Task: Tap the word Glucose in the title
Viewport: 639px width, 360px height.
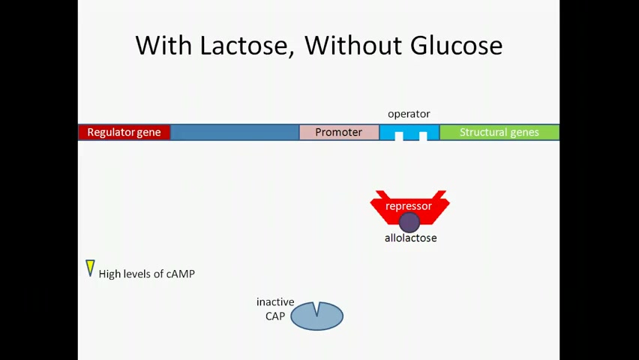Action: (x=457, y=45)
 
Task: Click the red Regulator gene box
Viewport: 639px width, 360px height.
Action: (x=124, y=132)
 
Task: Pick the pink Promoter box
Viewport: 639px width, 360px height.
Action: (x=339, y=132)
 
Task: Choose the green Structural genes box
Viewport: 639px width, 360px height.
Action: (x=499, y=132)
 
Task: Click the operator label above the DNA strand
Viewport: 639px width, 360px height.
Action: (x=409, y=114)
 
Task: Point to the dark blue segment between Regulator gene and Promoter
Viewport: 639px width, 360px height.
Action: (x=235, y=132)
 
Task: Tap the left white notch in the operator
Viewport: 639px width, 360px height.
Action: (x=399, y=136)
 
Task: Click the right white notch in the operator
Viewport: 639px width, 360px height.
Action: (x=423, y=136)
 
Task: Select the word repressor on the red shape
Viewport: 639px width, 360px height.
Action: (x=409, y=206)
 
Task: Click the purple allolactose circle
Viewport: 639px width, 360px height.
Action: (x=409, y=222)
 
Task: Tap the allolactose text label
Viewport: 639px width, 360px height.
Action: (x=411, y=238)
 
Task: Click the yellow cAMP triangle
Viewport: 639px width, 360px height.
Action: (x=90, y=267)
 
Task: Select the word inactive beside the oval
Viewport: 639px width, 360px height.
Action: (x=275, y=302)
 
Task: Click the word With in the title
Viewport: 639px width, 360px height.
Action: (x=163, y=45)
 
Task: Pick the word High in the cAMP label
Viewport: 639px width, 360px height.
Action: (x=109, y=274)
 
